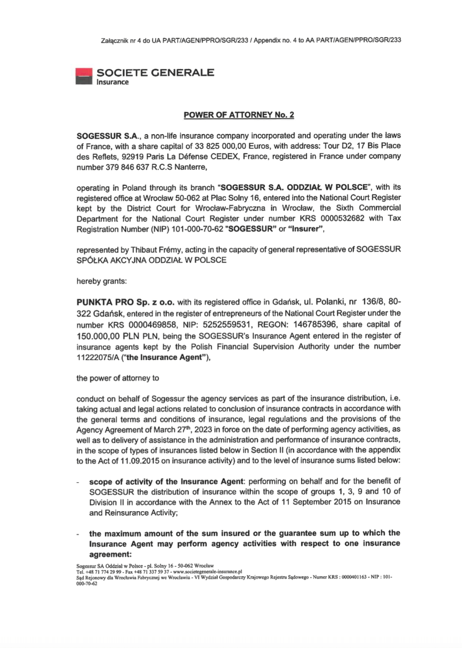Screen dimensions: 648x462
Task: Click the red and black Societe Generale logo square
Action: click(x=84, y=76)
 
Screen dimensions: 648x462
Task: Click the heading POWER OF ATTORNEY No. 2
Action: click(x=239, y=115)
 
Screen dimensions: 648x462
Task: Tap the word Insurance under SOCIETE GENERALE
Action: click(x=113, y=82)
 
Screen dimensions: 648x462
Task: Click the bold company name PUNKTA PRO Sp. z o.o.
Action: click(x=125, y=302)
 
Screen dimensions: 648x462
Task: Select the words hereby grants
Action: click(x=95, y=281)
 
